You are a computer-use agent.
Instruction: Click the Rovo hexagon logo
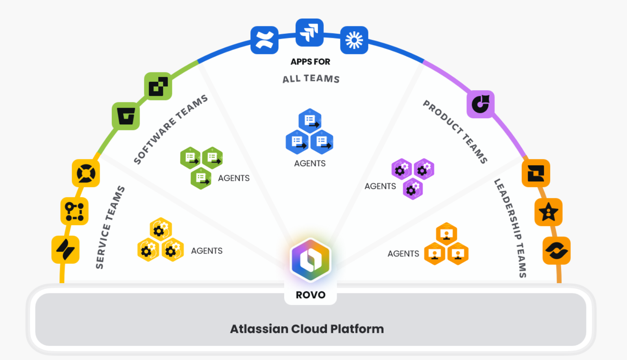point(311,260)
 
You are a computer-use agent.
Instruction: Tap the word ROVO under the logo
point(310,295)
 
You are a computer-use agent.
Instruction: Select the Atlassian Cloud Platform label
point(307,329)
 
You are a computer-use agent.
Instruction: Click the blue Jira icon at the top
point(309,33)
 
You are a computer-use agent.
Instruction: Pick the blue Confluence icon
point(264,40)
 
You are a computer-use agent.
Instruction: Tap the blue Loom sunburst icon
point(354,40)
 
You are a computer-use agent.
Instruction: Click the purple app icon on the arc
point(481,104)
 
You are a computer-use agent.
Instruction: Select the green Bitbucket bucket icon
point(126,116)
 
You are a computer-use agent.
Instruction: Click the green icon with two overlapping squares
point(158,86)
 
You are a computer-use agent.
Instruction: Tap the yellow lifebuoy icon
point(86,173)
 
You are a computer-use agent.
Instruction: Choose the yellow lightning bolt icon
point(65,249)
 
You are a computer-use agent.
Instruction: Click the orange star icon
point(549,212)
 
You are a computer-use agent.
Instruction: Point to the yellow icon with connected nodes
point(74,211)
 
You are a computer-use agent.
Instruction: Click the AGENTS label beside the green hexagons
point(234,178)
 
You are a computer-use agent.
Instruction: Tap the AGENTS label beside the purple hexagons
point(380,186)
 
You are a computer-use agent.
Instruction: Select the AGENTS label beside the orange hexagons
point(403,254)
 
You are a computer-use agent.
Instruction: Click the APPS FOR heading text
point(310,62)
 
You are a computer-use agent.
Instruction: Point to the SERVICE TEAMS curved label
point(110,227)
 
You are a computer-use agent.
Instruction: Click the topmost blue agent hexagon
point(310,120)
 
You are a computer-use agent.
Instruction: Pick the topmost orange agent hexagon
point(446,233)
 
